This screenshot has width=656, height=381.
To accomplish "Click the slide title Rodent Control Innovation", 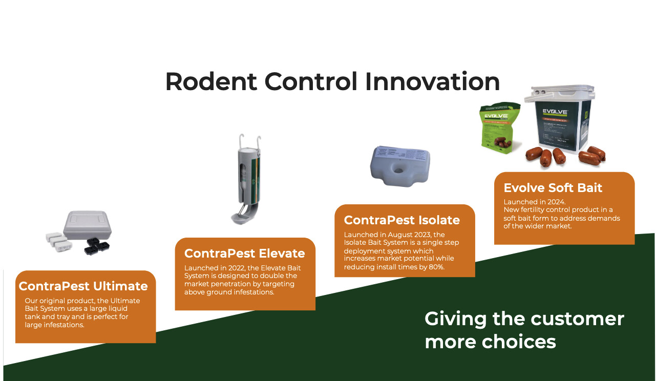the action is click(332, 82).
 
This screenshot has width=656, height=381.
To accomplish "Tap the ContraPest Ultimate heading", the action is click(83, 286).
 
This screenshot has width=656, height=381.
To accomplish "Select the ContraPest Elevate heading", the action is click(245, 253).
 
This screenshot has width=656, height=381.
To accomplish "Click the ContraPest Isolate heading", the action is click(402, 220).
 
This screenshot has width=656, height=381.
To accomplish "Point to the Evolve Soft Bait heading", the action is click(553, 188).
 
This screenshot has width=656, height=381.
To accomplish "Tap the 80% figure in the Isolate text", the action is click(436, 267).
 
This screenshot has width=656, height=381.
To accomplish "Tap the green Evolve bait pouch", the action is click(500, 128).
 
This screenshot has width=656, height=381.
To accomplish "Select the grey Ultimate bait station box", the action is click(87, 225).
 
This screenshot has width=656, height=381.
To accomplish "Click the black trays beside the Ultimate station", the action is click(97, 246).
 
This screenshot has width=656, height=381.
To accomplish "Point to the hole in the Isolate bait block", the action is click(398, 170).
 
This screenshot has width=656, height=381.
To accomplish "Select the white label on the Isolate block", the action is click(402, 154).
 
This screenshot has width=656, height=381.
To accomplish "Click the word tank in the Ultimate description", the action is click(32, 316).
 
